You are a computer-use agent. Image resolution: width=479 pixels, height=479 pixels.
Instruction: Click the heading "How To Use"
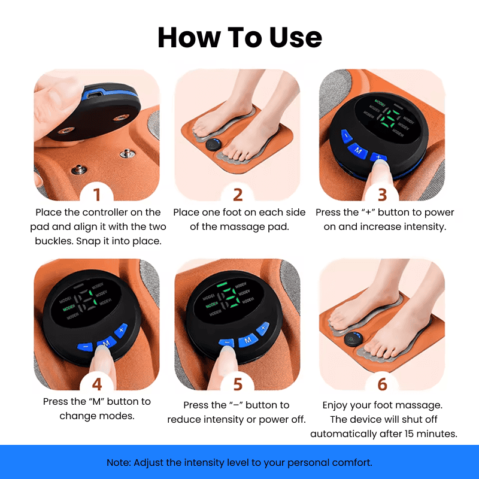tap(239, 37)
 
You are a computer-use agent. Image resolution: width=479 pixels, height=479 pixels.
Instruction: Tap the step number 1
tap(96, 195)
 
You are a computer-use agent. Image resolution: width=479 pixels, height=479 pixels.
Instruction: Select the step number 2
tap(238, 195)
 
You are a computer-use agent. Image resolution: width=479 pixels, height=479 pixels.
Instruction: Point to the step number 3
tap(382, 195)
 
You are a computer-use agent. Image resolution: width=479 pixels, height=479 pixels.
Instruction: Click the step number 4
tap(96, 383)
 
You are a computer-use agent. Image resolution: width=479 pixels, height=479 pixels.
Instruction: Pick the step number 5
tap(238, 383)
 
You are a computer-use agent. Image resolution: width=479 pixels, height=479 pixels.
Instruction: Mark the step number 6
tap(382, 383)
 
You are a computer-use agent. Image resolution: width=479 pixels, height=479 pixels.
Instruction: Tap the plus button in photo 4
tap(122, 330)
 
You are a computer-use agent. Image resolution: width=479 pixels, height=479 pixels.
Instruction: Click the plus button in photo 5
tap(262, 329)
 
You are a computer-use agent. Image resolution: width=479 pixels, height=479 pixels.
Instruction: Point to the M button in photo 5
tap(247, 340)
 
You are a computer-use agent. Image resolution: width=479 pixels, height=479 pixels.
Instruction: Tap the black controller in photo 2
tap(213, 144)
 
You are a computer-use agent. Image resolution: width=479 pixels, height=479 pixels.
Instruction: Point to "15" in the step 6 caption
tap(406, 434)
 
